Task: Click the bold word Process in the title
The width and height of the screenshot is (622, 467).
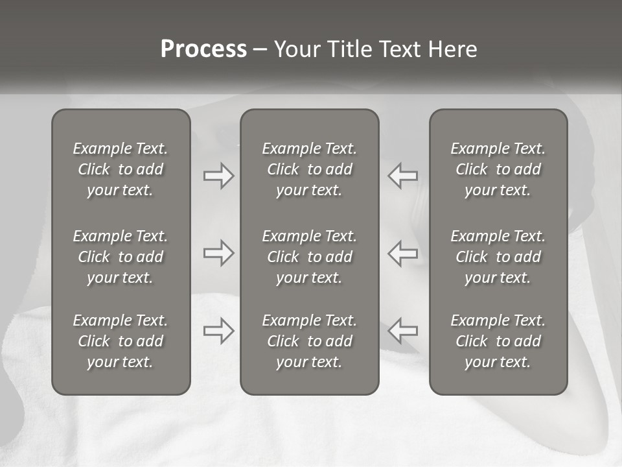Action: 203,49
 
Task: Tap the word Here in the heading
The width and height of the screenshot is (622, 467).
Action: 452,49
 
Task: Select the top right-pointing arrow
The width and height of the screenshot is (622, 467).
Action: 218,176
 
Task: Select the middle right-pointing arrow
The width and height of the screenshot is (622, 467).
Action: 218,253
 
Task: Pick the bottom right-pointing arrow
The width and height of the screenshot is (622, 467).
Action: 218,331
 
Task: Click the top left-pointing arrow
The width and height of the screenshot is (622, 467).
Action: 403,176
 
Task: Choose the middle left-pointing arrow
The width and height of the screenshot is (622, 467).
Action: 403,253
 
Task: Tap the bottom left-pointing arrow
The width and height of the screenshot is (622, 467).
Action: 403,331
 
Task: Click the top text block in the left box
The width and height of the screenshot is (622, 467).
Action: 121,169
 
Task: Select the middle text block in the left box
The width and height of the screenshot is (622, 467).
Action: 121,257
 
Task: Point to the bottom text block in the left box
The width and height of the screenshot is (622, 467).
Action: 121,341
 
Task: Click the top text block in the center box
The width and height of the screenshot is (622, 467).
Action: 309,169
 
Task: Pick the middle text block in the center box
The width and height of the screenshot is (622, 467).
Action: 309,257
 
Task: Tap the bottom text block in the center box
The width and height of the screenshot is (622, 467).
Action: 309,341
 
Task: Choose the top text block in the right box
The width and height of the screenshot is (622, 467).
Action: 498,169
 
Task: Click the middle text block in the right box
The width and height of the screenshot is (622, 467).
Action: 498,257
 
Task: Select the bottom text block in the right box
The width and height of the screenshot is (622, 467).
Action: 498,341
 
